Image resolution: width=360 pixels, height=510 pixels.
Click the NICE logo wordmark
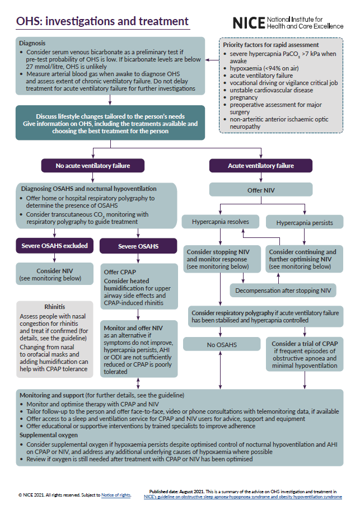249,23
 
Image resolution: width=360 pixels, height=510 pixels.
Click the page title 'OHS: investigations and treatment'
102,21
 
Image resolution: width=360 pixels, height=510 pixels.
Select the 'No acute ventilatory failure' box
93,166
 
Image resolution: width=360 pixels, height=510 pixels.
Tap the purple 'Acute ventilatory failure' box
261,166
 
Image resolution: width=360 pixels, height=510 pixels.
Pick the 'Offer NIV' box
261,190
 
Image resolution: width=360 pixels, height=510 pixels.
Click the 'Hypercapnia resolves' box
221,222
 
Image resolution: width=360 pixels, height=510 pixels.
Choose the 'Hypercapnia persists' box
305,223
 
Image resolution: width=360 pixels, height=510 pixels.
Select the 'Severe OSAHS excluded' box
55,246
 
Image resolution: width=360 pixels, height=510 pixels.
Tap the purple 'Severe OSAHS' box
138,246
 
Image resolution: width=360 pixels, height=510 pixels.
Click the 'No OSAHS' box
222,344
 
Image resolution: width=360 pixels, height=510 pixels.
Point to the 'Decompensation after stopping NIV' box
283,291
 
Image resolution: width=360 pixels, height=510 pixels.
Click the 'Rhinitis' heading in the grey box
55,307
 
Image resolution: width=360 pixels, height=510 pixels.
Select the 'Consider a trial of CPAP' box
305,354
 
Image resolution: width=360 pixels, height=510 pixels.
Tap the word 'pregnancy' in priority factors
244,97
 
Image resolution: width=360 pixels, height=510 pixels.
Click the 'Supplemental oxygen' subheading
49,435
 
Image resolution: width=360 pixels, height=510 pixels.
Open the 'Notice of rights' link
116,495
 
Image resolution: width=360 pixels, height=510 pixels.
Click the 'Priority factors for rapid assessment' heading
271,45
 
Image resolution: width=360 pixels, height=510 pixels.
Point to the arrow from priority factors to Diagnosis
212,60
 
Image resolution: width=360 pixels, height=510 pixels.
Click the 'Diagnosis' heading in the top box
32,43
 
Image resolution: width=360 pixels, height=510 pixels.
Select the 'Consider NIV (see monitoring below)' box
55,274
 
